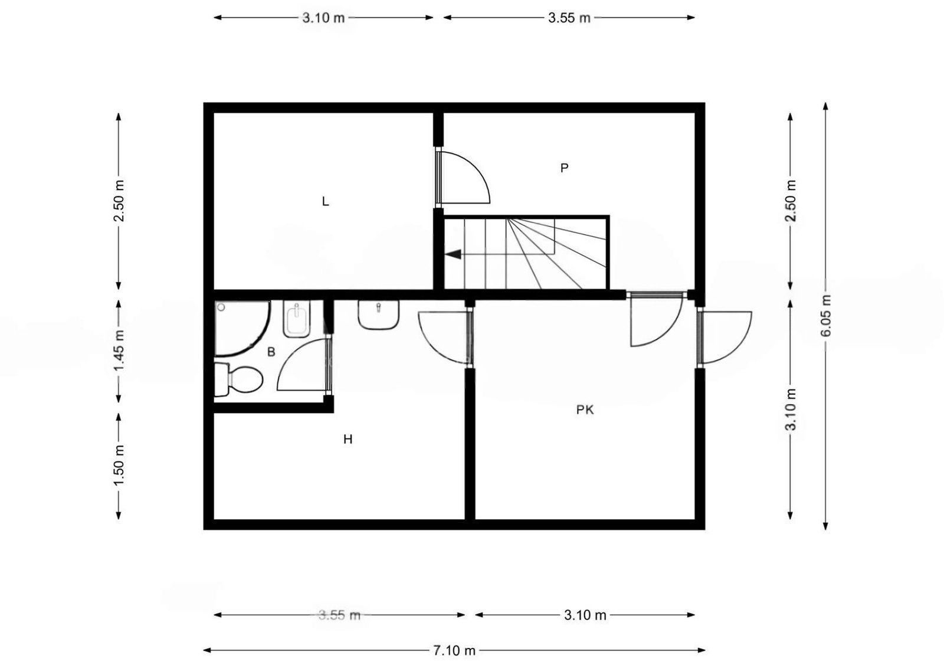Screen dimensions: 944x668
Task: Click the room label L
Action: [x=325, y=201]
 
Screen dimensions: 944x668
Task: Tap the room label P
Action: [x=564, y=168]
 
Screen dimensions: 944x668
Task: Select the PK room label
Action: [x=585, y=410]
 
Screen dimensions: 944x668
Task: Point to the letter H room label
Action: [x=348, y=440]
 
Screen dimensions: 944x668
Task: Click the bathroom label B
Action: [x=271, y=352]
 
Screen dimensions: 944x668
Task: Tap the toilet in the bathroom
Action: [x=238, y=379]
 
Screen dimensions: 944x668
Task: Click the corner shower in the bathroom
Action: [x=242, y=328]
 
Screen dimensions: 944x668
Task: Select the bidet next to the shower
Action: [x=297, y=319]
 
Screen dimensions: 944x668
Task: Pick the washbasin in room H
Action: [x=378, y=315]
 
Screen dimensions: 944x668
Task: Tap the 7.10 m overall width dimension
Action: [x=454, y=651]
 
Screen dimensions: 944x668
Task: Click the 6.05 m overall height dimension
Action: [x=826, y=316]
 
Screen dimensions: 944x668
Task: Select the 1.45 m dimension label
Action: [x=119, y=351]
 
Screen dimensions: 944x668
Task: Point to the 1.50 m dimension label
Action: [x=119, y=465]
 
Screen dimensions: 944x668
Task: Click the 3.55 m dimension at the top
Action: [x=569, y=18]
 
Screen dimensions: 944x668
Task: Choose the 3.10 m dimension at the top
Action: [x=323, y=18]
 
